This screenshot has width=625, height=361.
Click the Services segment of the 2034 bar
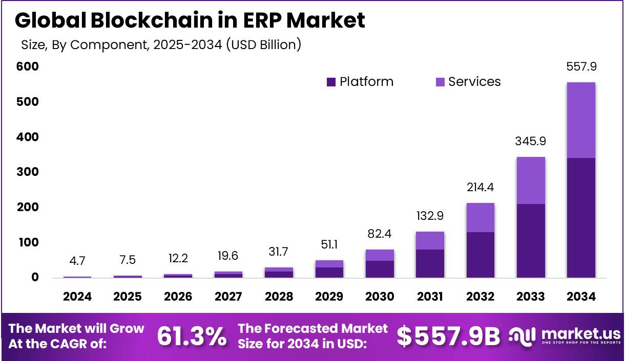click(x=581, y=120)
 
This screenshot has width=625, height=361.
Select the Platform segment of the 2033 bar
click(x=531, y=240)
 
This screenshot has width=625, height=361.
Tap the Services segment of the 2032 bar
click(x=481, y=217)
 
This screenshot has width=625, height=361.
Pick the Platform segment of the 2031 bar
click(x=430, y=263)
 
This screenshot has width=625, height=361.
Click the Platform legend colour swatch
click(x=331, y=82)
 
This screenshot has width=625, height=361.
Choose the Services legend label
click(x=474, y=82)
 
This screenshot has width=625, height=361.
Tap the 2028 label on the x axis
click(x=279, y=297)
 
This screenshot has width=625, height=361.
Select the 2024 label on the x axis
click(x=77, y=297)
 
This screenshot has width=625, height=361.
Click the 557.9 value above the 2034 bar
click(x=581, y=66)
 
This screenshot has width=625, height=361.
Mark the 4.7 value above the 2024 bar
click(x=77, y=261)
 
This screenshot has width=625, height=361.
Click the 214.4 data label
click(x=480, y=188)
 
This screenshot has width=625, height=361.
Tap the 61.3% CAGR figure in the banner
click(x=191, y=336)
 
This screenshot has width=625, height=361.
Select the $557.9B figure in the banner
click(x=449, y=336)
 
